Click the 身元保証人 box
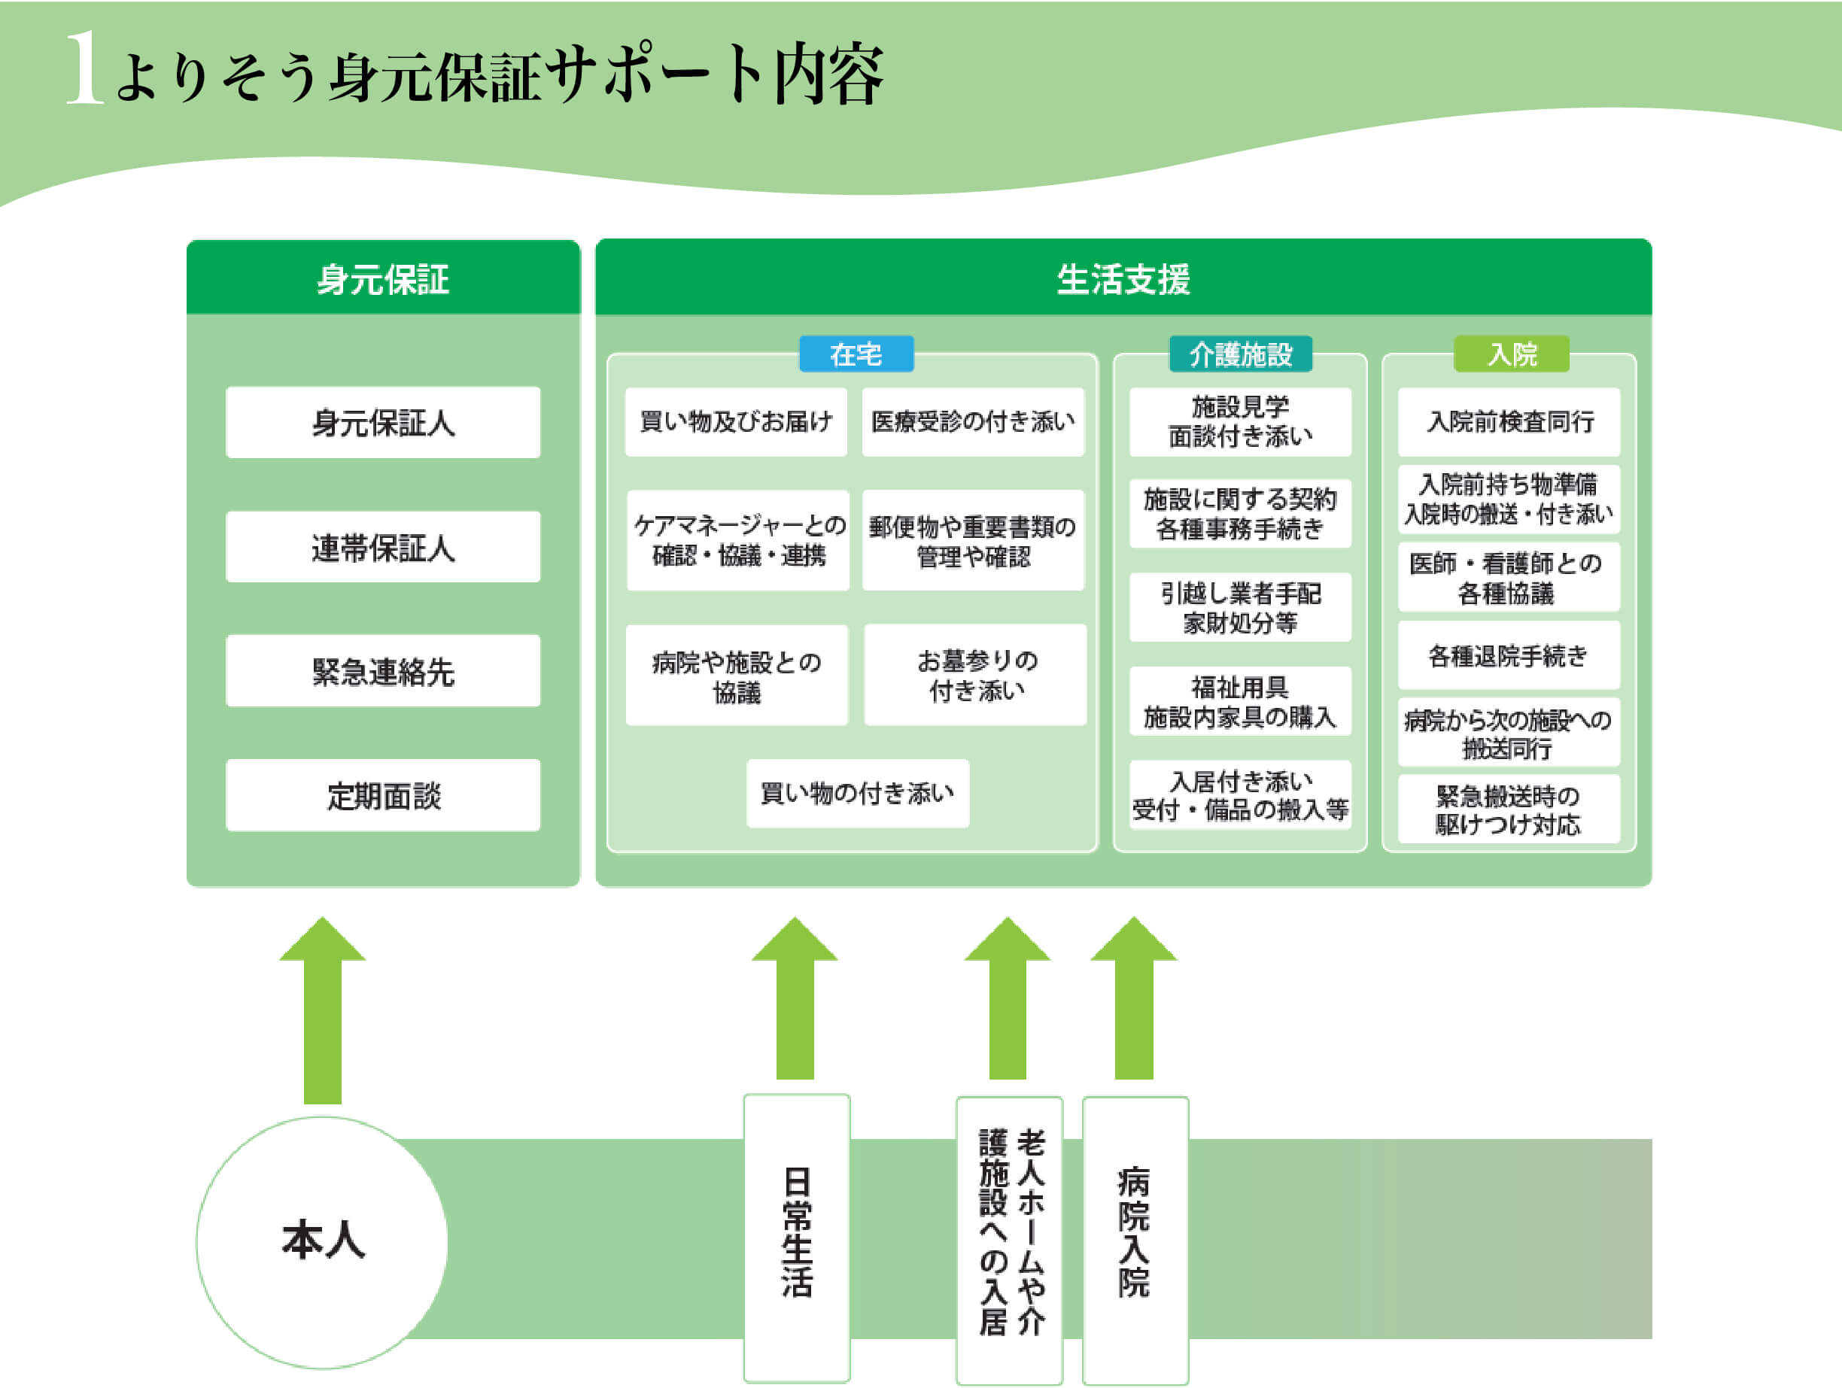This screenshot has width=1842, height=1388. point(383,422)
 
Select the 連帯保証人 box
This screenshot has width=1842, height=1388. point(383,547)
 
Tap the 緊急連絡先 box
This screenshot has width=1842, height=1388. point(383,671)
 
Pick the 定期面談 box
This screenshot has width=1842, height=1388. point(383,795)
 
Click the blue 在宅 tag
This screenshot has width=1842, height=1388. point(856,354)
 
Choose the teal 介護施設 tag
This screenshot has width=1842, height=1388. point(1240,354)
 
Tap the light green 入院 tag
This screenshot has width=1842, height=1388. point(1512,354)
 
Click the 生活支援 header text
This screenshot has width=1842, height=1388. point(1123,279)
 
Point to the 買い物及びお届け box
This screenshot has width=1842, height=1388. point(736,421)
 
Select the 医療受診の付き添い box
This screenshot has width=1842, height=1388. point(973,421)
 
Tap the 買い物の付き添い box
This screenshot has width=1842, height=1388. point(858,793)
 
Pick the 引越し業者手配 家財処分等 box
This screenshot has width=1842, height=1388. point(1240,608)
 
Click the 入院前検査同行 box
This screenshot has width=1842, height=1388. point(1509,421)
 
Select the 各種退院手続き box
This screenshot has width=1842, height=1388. point(1509,656)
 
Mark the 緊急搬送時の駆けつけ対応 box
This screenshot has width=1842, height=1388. point(1509,809)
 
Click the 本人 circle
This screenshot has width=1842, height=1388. point(322,1241)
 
